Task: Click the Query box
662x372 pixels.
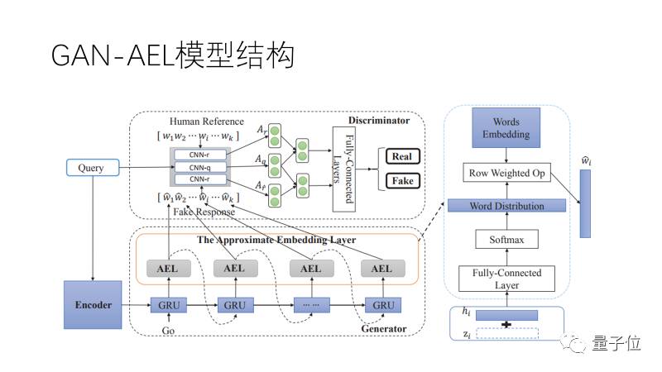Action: (93, 168)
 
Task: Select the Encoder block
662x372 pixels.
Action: (93, 304)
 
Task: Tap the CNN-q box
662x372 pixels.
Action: (199, 168)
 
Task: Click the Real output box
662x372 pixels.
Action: (402, 156)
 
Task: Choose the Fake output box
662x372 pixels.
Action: (402, 181)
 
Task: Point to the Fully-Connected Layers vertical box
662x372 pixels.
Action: (343, 169)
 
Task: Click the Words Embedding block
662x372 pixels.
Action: (506, 128)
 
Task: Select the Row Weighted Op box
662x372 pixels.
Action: (506, 173)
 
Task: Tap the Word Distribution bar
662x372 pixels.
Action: (506, 206)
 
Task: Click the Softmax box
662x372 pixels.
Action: (506, 240)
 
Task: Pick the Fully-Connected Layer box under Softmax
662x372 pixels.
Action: (506, 279)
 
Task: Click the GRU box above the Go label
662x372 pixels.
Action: (169, 305)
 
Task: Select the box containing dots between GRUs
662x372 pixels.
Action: (312, 305)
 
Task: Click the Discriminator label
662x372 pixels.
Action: (379, 121)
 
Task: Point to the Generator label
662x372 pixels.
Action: (384, 328)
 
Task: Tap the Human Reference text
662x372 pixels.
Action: (206, 122)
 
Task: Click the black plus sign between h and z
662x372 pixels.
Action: (506, 324)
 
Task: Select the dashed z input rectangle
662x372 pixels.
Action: (507, 333)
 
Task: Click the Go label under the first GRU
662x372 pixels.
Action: (168, 331)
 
